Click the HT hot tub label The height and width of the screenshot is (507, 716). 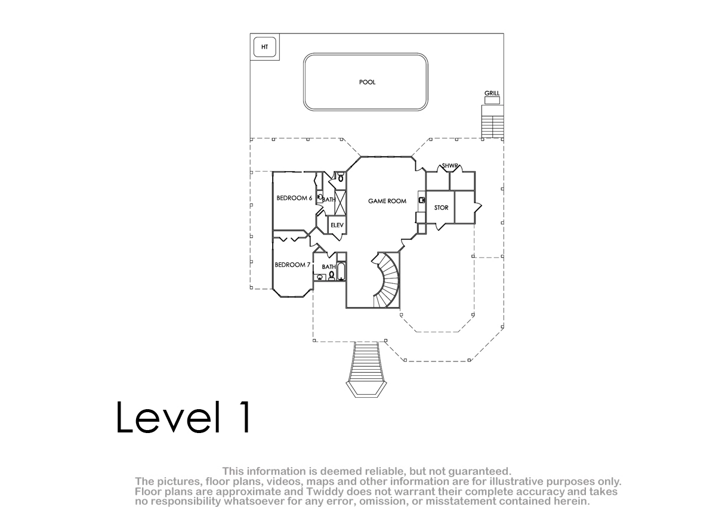[x=264, y=47]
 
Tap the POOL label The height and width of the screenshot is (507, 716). [x=368, y=82]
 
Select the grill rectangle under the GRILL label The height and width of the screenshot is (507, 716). [x=492, y=100]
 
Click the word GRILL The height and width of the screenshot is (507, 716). [x=492, y=93]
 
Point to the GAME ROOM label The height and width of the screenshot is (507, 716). [x=387, y=201]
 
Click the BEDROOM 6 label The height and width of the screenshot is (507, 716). [x=294, y=198]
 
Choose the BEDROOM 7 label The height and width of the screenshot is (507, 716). [x=292, y=265]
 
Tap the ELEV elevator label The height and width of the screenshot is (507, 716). [x=337, y=225]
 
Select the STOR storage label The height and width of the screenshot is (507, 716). [x=441, y=208]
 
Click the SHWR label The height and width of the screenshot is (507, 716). [x=450, y=166]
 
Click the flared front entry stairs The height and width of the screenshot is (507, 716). [x=366, y=369]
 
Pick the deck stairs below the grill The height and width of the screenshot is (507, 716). [x=493, y=122]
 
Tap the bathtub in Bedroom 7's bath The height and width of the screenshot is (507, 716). [x=341, y=271]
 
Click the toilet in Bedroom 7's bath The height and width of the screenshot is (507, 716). [x=332, y=276]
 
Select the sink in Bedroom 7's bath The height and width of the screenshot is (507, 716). [x=320, y=277]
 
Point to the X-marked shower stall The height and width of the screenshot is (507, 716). [x=340, y=203]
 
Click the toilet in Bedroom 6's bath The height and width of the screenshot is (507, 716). [x=341, y=177]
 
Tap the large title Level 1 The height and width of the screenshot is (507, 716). [x=184, y=417]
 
